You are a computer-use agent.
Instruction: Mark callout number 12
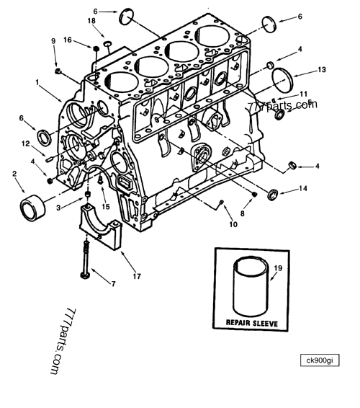(x=25, y=143)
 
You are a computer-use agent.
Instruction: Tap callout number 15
(x=105, y=207)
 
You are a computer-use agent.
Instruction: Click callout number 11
(x=304, y=94)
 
